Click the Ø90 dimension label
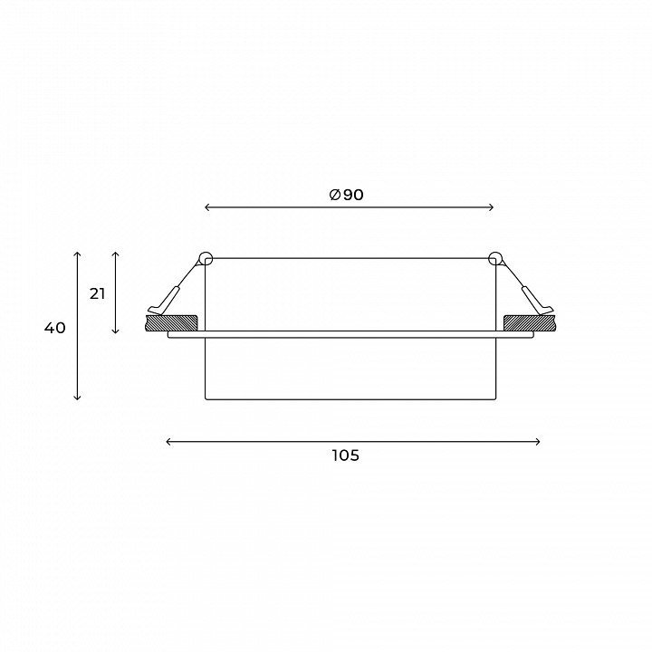(x=346, y=195)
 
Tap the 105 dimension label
(x=346, y=455)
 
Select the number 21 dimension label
(x=97, y=294)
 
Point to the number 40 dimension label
(x=55, y=328)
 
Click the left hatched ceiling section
(x=171, y=323)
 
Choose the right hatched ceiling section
(x=529, y=323)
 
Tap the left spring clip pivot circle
(x=206, y=259)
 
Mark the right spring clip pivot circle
(x=494, y=259)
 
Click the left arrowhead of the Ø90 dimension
(x=207, y=207)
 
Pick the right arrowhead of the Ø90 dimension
(x=492, y=207)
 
